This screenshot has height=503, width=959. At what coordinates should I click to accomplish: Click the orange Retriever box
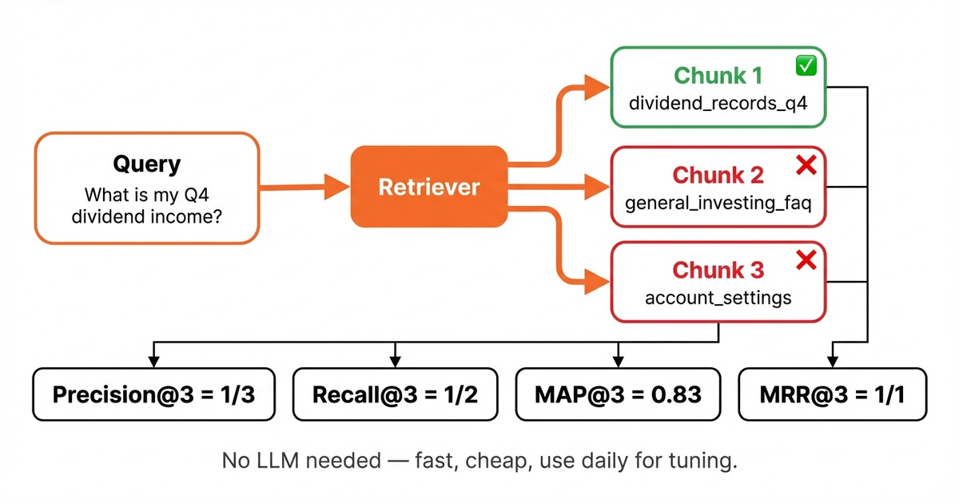click(x=428, y=187)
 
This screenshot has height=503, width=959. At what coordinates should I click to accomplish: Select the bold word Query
click(x=146, y=164)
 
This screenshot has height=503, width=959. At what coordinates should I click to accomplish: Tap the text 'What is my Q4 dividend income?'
click(x=146, y=204)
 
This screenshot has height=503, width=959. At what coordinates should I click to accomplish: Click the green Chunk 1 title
click(x=718, y=76)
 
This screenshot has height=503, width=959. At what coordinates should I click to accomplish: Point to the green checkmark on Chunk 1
click(x=806, y=67)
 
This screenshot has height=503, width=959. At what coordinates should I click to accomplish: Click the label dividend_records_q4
click(x=718, y=104)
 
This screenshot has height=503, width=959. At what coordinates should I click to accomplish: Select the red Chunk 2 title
click(x=718, y=175)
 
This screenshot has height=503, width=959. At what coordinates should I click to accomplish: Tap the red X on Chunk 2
click(x=806, y=165)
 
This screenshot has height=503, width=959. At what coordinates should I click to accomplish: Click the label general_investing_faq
click(x=718, y=203)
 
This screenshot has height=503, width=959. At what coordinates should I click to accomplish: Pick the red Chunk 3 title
click(x=718, y=271)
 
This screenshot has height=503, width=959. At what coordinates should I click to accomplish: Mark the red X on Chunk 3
click(x=806, y=260)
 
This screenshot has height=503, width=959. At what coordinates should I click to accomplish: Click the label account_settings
click(x=718, y=299)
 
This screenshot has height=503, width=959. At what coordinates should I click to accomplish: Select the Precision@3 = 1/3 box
click(x=153, y=394)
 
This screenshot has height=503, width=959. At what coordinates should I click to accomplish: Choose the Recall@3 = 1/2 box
click(x=395, y=394)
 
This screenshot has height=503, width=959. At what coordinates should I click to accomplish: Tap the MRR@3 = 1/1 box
click(x=832, y=394)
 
